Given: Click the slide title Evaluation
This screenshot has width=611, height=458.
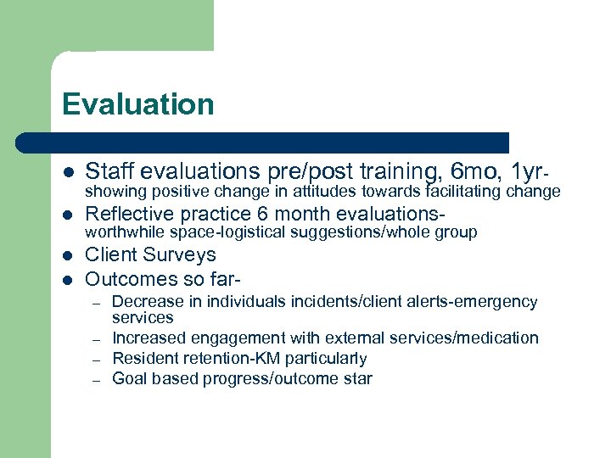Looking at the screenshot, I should tap(137, 104).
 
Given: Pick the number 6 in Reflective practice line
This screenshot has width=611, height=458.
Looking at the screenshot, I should tap(261, 214).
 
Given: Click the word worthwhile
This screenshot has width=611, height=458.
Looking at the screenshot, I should tap(126, 232).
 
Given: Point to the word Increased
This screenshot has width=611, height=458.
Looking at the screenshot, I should tap(147, 338).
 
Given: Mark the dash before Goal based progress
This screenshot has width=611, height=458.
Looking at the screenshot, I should tap(98, 380).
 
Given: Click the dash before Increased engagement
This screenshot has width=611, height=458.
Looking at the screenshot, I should tap(98, 339).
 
